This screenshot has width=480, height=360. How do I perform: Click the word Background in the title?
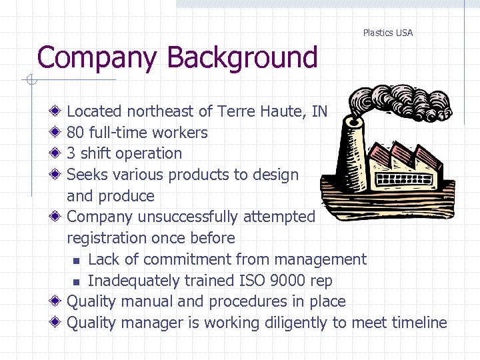[x=243, y=57]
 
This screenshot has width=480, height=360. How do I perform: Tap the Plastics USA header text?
[x=387, y=33]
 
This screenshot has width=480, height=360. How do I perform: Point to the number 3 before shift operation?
[x=71, y=153]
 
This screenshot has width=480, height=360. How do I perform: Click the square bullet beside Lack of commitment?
[x=77, y=260]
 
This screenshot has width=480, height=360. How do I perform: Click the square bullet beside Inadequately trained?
[x=77, y=281]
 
